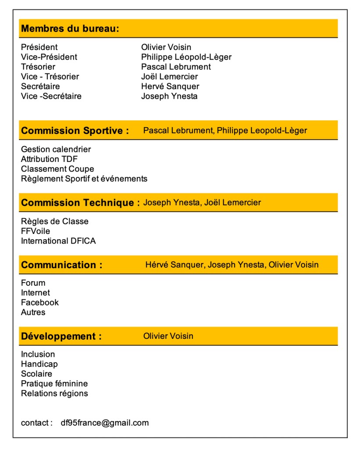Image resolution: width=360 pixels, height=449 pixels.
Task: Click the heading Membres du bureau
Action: click(70, 29)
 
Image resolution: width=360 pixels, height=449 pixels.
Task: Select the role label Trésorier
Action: click(38, 67)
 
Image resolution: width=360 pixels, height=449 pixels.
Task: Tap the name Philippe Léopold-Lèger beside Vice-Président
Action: click(186, 57)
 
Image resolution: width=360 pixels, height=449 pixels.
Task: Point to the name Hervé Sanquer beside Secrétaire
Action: click(170, 86)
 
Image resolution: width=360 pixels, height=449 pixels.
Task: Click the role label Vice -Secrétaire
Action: click(51, 96)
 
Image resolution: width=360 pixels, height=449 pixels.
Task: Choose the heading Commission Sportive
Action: click(75, 131)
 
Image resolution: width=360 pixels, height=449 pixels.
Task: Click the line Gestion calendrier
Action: click(56, 150)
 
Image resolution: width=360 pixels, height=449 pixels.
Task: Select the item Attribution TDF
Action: click(49, 159)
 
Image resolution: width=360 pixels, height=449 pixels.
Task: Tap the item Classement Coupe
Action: click(57, 169)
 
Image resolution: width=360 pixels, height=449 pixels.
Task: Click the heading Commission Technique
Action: click(80, 203)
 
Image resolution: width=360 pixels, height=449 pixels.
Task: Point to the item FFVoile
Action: click(36, 231)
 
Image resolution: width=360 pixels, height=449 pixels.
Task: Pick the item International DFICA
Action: click(58, 241)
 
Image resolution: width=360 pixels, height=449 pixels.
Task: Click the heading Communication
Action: click(61, 265)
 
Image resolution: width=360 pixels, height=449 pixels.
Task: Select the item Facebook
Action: click(39, 302)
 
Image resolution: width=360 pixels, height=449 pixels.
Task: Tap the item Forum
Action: click(33, 283)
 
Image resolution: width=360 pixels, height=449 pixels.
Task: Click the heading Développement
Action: click(61, 337)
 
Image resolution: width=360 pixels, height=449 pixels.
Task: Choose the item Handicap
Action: click(39, 364)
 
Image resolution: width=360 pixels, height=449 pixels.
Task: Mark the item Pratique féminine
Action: click(54, 384)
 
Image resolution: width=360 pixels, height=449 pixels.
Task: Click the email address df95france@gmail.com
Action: click(105, 423)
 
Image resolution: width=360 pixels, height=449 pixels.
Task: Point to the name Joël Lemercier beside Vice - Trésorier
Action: click(169, 77)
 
